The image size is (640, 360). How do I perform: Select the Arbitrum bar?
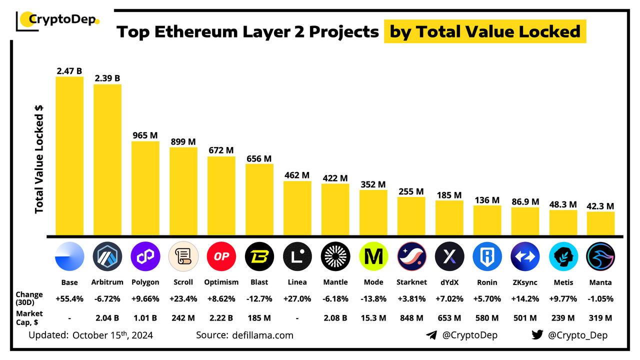tap(107, 160)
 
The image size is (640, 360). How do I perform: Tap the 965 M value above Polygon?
tap(145, 135)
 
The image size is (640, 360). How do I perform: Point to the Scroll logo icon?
tap(183, 256)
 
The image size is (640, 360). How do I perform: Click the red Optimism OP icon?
tap(221, 256)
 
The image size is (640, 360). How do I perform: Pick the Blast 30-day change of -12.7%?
tap(259, 298)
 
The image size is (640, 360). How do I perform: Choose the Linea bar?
tap(297, 208)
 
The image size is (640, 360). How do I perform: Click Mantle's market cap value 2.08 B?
tap(335, 317)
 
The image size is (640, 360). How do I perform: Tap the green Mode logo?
tap(373, 256)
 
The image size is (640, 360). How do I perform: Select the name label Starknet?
tap(411, 282)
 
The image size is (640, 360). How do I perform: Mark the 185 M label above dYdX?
tap(449, 194)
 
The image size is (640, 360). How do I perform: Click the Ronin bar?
tap(487, 220)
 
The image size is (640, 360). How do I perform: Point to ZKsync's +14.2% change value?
tap(525, 298)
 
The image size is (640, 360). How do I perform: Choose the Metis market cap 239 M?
tap(563, 317)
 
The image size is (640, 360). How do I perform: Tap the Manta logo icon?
tap(601, 256)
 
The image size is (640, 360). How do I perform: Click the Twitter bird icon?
tap(537, 335)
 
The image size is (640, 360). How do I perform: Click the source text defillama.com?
tap(262, 335)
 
